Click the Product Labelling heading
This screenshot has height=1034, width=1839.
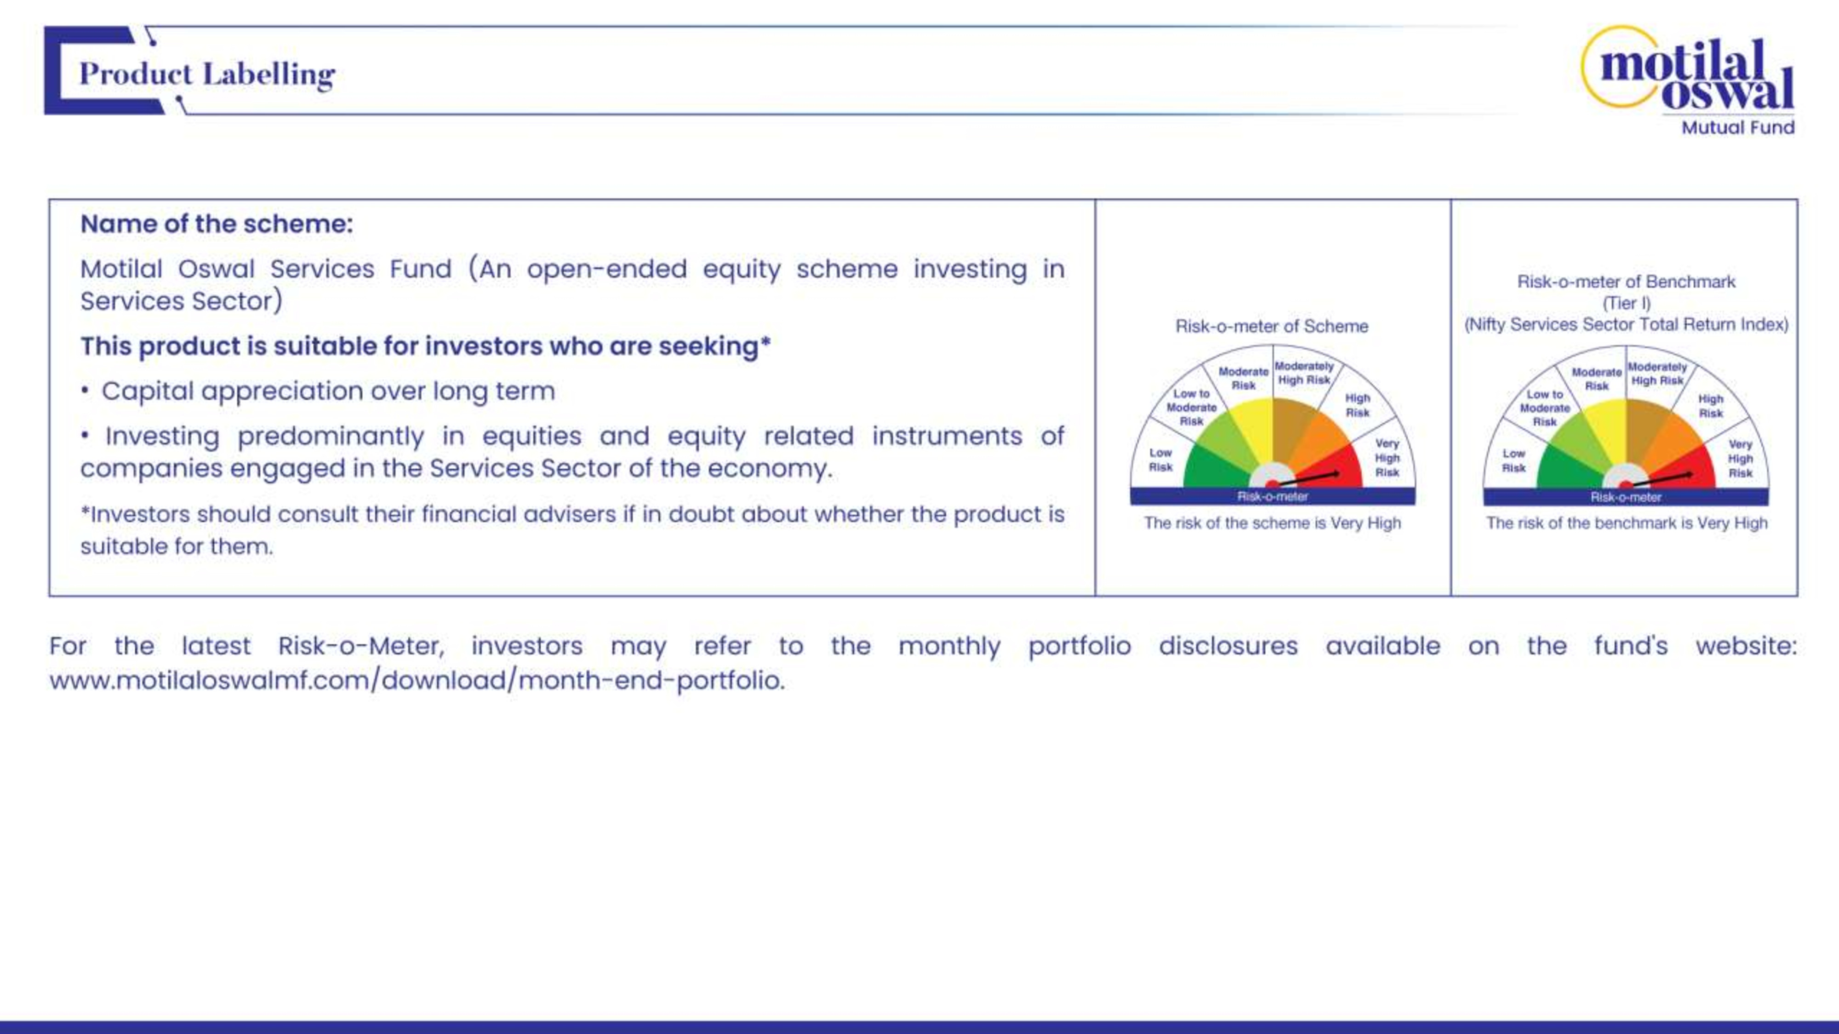pyautogui.click(x=207, y=74)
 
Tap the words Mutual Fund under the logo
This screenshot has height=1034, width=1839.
pyautogui.click(x=1738, y=128)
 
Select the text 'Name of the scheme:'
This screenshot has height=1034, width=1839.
pyautogui.click(x=216, y=224)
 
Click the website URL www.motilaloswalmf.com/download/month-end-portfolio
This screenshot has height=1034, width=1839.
pyautogui.click(x=417, y=680)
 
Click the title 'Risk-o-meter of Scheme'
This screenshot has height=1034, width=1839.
pyautogui.click(x=1272, y=326)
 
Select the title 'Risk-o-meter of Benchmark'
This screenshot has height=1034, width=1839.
pyautogui.click(x=1626, y=282)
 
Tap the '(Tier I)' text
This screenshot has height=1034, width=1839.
pyautogui.click(x=1626, y=303)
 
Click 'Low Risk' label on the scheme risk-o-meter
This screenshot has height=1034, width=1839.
pyautogui.click(x=1160, y=460)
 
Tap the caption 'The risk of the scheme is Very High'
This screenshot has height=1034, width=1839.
pyautogui.click(x=1272, y=523)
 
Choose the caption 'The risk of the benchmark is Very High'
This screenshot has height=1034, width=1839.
pyautogui.click(x=1626, y=523)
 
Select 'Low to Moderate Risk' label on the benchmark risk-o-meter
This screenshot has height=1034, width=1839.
pyautogui.click(x=1545, y=408)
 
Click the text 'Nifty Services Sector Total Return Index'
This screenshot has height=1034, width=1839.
pyautogui.click(x=1626, y=325)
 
